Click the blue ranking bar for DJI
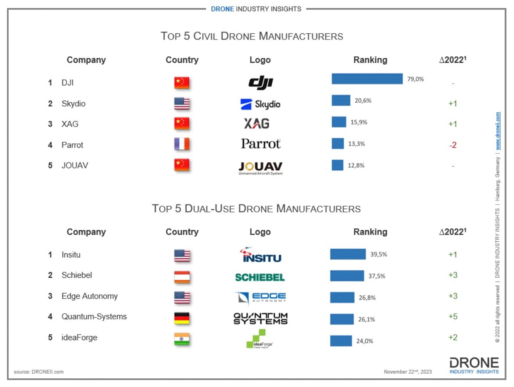[367, 79]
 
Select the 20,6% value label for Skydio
[363, 101]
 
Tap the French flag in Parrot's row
[182, 144]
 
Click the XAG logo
[256, 124]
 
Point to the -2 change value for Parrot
[452, 145]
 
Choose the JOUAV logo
[260, 168]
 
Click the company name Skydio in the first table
[73, 104]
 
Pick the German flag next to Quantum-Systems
[182, 319]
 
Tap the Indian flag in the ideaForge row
[182, 339]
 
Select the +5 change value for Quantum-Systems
[452, 317]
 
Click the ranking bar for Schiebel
[347, 276]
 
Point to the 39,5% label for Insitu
[378, 254]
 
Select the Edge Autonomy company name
[89, 296]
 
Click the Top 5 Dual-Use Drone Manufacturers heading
[256, 208]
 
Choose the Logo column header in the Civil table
[260, 60]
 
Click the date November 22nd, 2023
[408, 372]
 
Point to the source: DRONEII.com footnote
[39, 372]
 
